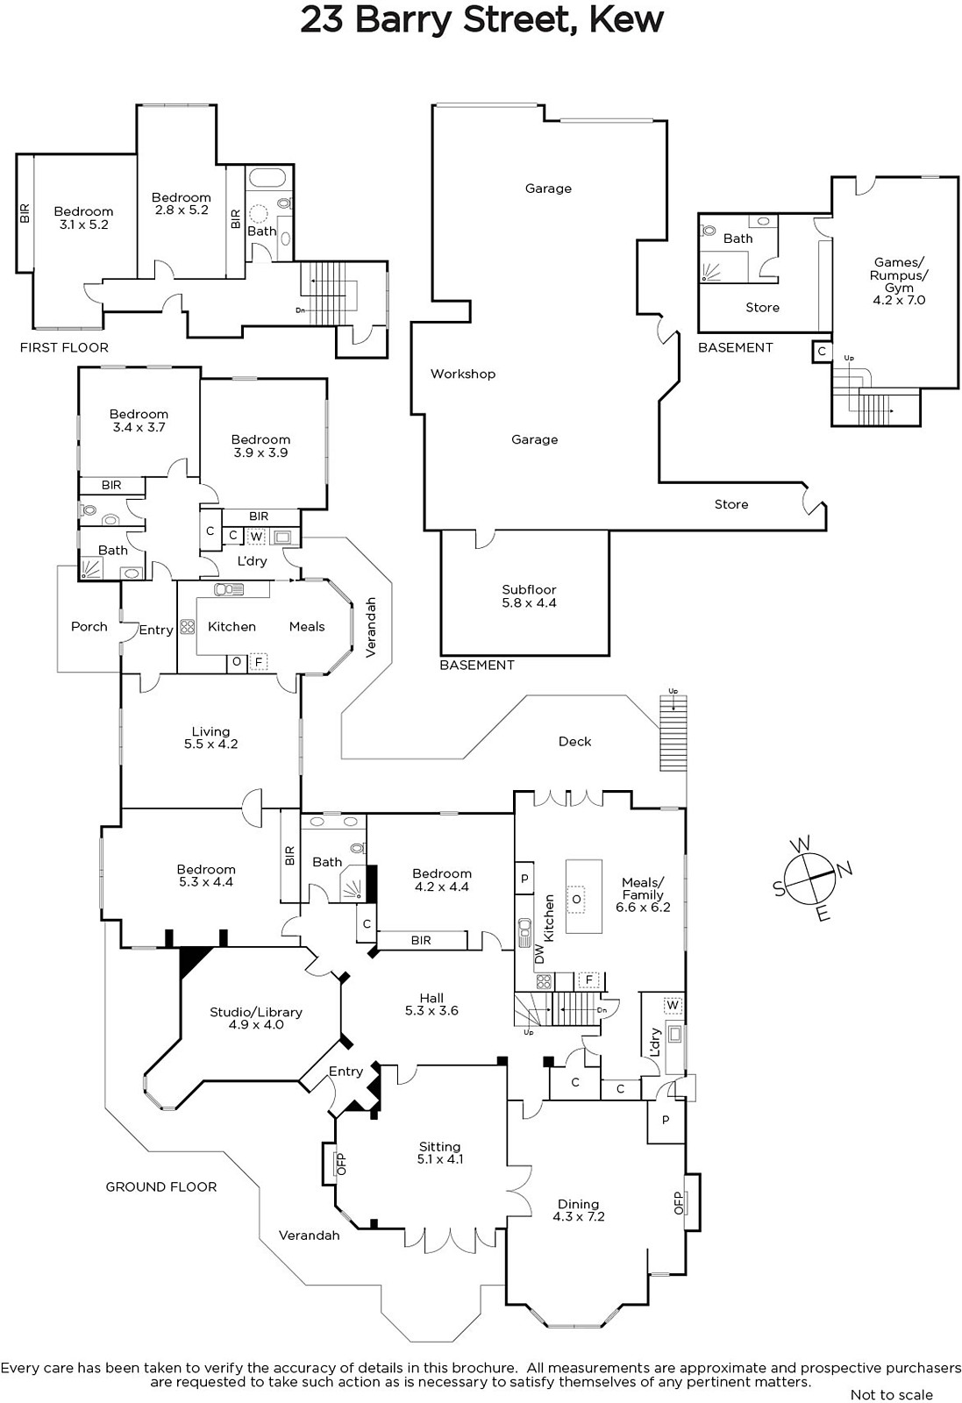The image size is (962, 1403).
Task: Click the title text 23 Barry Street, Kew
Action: [x=481, y=20]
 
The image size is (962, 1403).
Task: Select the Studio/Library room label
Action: [x=256, y=1018]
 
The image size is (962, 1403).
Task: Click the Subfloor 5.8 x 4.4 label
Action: [x=529, y=596]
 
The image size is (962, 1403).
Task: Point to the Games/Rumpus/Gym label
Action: [x=899, y=281]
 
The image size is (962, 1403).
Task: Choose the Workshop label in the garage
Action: [x=463, y=374]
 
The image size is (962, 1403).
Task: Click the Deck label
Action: [x=574, y=741]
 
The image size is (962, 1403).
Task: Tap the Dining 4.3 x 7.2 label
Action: [x=579, y=1210]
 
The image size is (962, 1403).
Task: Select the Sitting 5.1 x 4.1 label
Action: [x=439, y=1152]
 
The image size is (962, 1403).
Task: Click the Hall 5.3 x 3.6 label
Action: [x=431, y=1004]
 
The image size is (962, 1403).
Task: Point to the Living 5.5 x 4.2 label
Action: [x=210, y=737]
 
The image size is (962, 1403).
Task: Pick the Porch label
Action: [x=89, y=626]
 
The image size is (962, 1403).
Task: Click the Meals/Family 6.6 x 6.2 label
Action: [x=643, y=894]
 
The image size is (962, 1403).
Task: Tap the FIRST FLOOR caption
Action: [x=64, y=347]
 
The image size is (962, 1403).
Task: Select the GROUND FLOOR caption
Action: [x=160, y=1186]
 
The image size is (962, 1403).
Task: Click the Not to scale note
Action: [x=891, y=1394]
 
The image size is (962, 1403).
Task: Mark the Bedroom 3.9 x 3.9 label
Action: [x=260, y=445]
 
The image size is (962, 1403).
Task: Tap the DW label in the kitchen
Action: [x=539, y=954]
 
